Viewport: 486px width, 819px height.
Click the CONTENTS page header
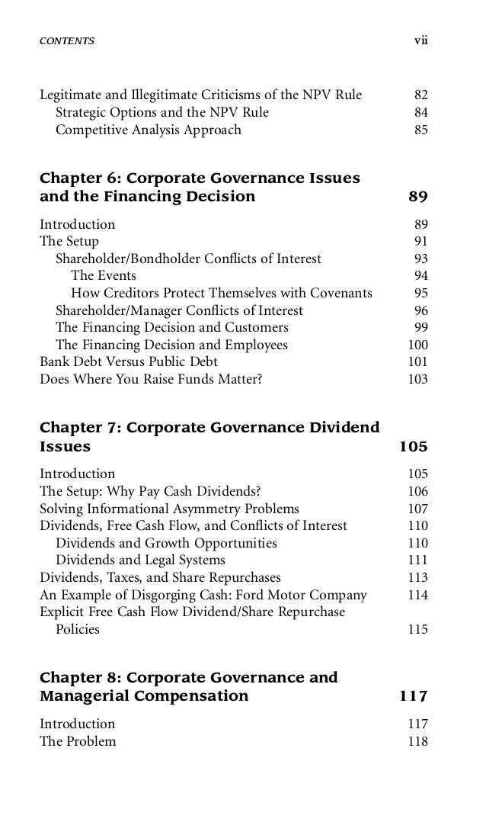click(67, 40)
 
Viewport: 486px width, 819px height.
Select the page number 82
click(420, 95)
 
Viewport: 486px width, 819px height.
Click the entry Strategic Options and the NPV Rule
click(161, 113)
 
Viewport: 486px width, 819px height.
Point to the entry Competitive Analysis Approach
click(148, 130)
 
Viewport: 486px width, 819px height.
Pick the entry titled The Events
click(104, 275)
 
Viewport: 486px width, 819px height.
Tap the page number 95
click(420, 293)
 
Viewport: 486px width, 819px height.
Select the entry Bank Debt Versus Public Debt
click(128, 361)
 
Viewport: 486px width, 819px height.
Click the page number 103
click(417, 379)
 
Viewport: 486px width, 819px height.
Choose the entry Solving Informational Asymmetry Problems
click(169, 509)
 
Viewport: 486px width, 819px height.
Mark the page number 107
click(417, 509)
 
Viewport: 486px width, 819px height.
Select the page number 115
click(417, 630)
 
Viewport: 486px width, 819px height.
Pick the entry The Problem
click(78, 741)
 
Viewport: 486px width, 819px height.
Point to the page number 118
click(417, 741)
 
